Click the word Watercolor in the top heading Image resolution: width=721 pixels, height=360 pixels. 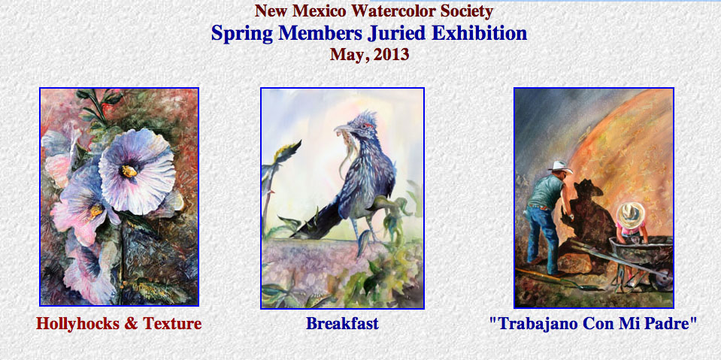pyautogui.click(x=391, y=11)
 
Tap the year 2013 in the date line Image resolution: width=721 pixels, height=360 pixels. pyautogui.click(x=391, y=55)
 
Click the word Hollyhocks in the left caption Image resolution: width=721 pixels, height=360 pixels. pyautogui.click(x=79, y=323)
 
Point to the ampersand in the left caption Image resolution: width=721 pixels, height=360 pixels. pyautogui.click(x=131, y=324)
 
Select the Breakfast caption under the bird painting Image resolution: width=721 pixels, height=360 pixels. pyautogui.click(x=343, y=323)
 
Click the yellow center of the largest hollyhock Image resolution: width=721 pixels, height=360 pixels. pyautogui.click(x=129, y=171)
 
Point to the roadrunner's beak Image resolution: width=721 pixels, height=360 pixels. pyautogui.click(x=342, y=129)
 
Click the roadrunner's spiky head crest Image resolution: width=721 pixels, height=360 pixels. pyautogui.click(x=365, y=119)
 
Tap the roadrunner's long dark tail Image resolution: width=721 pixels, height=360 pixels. pyautogui.click(x=317, y=219)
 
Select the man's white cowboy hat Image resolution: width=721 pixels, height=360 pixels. pyautogui.click(x=559, y=166)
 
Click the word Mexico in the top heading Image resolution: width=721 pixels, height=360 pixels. pyautogui.click(x=323, y=11)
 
